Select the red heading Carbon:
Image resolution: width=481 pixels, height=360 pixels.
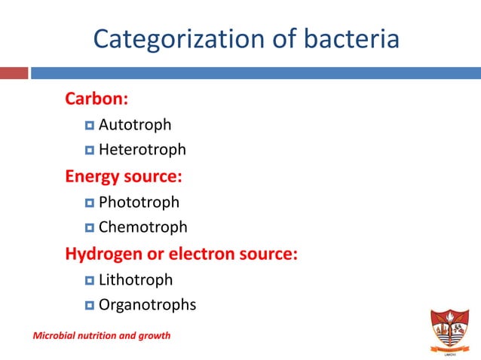97,99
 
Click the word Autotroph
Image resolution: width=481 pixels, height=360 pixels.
135,124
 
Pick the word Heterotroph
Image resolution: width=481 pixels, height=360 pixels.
142,150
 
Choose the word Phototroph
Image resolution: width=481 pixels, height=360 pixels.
139,202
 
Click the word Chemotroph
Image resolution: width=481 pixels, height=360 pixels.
142,227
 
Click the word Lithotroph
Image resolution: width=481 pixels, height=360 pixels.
136,279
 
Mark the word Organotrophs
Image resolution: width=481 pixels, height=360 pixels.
147,305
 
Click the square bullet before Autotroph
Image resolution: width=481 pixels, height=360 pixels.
90,125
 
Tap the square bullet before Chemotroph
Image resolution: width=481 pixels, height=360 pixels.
90,227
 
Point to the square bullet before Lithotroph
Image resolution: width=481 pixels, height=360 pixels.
90,280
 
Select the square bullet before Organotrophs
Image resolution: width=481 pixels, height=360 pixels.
90,306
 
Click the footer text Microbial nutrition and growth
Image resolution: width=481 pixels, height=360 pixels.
101,334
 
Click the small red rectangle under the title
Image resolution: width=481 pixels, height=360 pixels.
14,73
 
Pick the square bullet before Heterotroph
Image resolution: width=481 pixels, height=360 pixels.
90,151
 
